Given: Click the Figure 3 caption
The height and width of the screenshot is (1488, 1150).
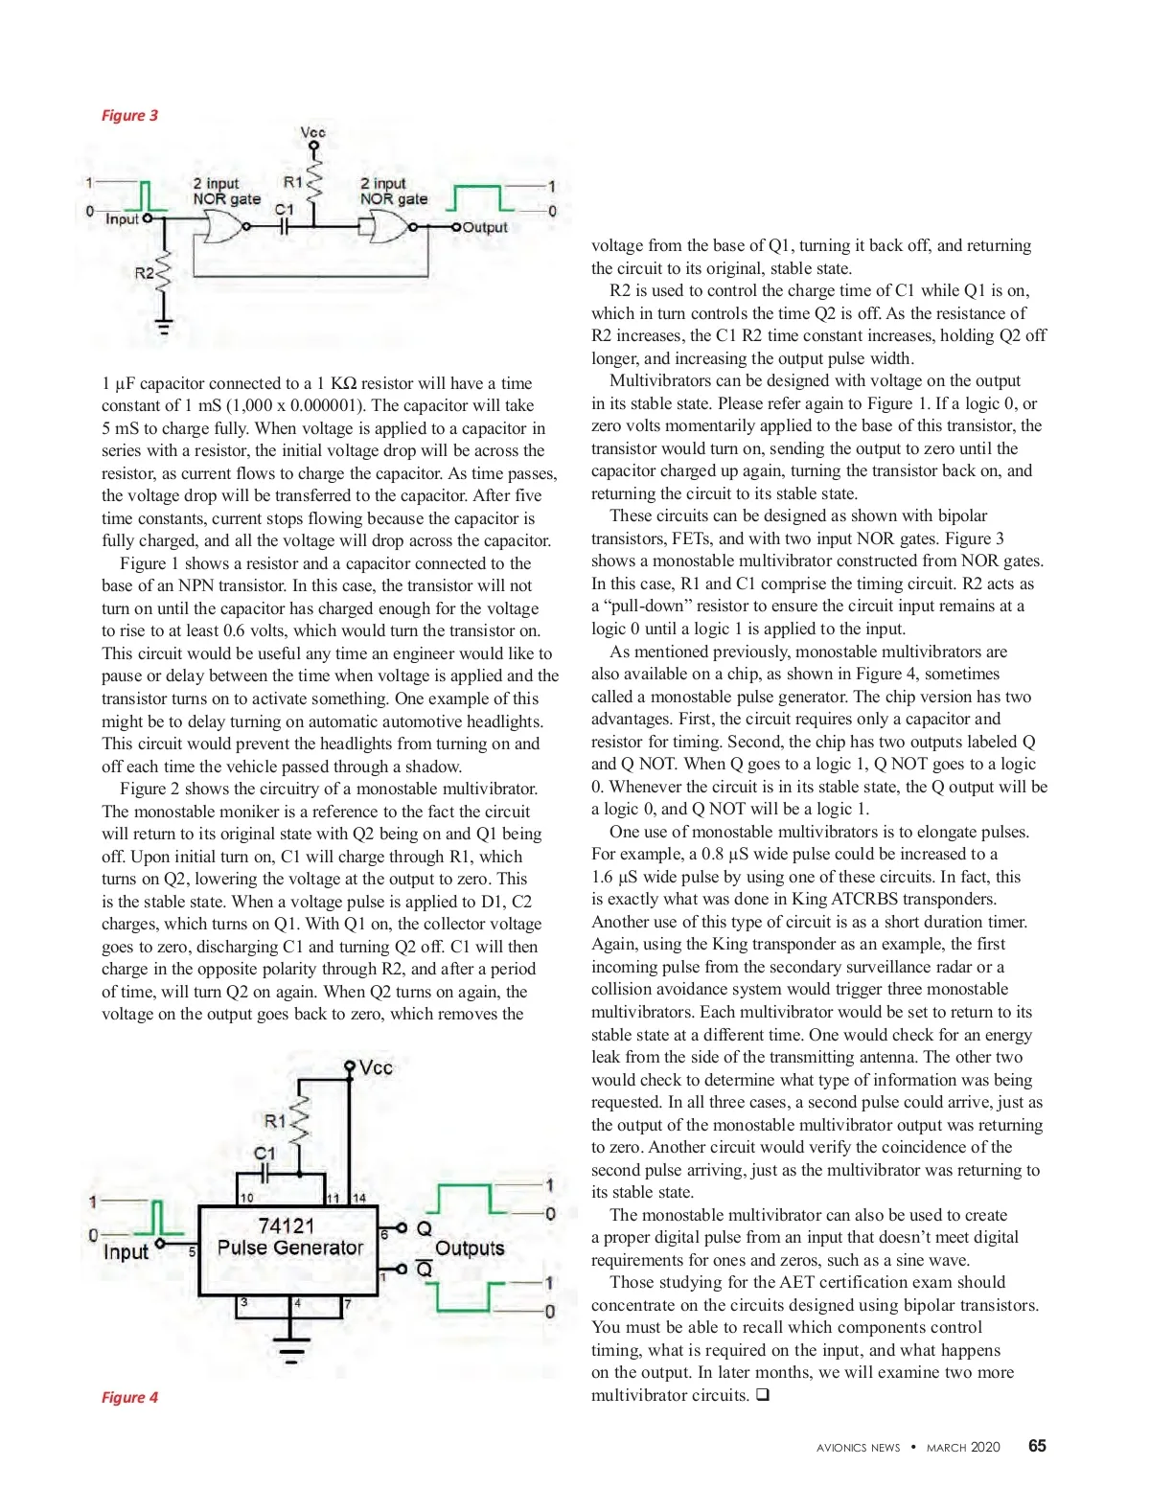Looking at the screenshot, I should click(x=129, y=116).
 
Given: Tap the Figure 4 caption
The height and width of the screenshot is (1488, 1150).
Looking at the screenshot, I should click(x=129, y=1397).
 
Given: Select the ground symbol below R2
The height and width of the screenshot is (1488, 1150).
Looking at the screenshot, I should click(x=164, y=327).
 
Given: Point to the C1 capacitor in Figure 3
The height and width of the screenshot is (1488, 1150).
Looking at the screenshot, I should click(x=284, y=226).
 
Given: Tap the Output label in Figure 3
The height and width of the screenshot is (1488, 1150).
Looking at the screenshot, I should click(x=485, y=227).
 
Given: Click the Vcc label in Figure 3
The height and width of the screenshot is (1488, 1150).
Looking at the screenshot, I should click(x=313, y=132).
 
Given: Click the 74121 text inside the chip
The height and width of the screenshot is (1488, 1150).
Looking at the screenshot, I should click(x=287, y=1225).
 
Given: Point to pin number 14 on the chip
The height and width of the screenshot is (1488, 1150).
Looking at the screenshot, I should click(x=359, y=1198).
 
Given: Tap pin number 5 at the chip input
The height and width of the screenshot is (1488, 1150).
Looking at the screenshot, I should click(x=192, y=1251).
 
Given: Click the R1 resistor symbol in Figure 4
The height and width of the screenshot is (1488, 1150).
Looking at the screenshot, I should click(x=300, y=1121).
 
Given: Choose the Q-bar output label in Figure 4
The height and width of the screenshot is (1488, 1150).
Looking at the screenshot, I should click(x=425, y=1269).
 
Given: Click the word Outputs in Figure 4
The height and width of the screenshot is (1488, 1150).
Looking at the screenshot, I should click(x=470, y=1248).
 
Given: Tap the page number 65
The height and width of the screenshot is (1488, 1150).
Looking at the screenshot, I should click(x=1037, y=1446).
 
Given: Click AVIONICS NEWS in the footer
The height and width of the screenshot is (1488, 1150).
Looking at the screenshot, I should click(x=858, y=1448).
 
